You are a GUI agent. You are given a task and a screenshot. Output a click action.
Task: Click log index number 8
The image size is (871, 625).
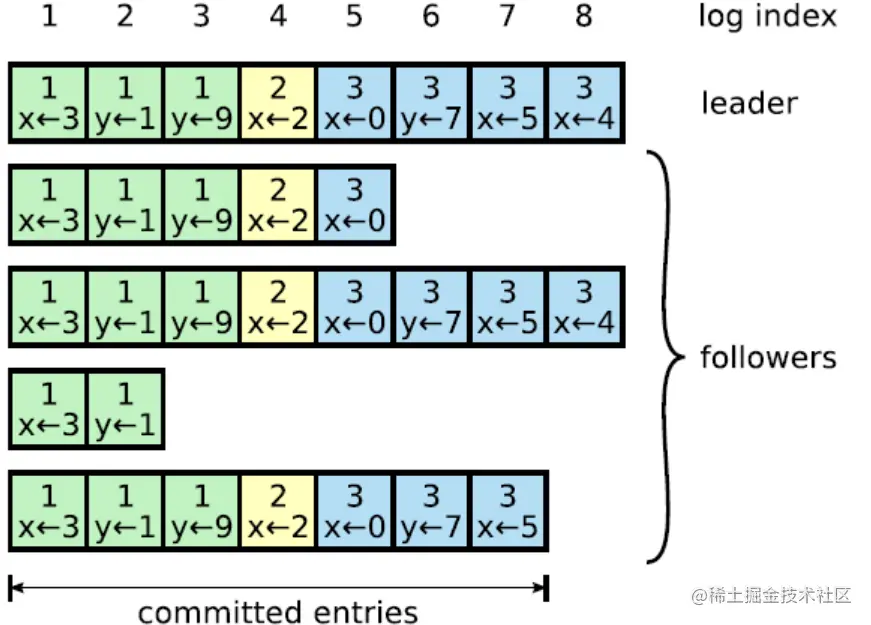click(x=583, y=16)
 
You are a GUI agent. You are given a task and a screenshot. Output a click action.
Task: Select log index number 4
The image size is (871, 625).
click(x=278, y=16)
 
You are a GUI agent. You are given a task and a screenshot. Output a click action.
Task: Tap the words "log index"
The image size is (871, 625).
click(x=768, y=16)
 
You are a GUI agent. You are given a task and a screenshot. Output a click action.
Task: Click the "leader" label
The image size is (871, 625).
click(x=749, y=103)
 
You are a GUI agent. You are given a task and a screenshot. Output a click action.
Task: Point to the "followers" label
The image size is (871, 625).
click(x=768, y=357)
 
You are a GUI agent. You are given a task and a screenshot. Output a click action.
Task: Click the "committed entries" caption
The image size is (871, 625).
click(x=278, y=612)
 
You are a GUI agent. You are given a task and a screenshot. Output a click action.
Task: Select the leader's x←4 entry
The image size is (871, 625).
click(x=584, y=103)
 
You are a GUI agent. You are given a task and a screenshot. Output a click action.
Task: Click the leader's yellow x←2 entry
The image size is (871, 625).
click(x=278, y=103)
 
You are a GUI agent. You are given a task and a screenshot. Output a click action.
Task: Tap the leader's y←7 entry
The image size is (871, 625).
click(x=432, y=103)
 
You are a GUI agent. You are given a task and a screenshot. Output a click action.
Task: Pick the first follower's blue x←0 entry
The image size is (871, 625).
click(x=354, y=206)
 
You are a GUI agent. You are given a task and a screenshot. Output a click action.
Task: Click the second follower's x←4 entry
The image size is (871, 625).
click(x=584, y=307)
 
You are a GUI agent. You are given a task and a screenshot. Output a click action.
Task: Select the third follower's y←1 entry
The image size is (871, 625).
click(x=124, y=409)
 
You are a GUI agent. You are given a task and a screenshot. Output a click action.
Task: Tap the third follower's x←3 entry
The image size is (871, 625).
click(x=48, y=409)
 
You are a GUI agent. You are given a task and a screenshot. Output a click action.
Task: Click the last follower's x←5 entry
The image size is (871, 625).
click(x=508, y=512)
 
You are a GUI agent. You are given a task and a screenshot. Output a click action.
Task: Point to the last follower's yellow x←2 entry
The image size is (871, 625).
click(x=278, y=512)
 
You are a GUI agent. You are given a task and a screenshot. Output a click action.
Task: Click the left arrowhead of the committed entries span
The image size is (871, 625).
click(x=17, y=587)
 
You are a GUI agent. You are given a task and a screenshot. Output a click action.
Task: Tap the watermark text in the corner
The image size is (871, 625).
click(x=771, y=596)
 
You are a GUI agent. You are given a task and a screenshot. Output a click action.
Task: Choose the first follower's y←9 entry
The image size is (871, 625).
click(x=201, y=206)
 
